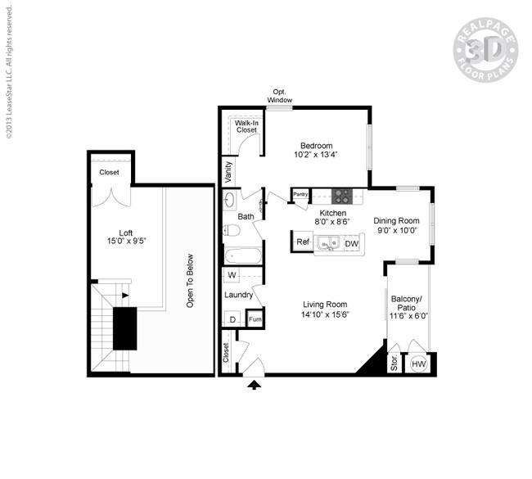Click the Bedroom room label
click(315, 145)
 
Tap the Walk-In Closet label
click(246, 126)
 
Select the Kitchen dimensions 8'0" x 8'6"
click(333, 221)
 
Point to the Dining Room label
click(396, 220)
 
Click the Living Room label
click(326, 304)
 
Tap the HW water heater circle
click(419, 364)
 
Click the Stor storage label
click(394, 364)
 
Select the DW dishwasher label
click(351, 243)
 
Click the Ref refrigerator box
click(302, 242)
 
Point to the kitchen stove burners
click(341, 196)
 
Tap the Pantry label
click(300, 195)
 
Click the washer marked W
click(232, 275)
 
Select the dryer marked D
click(232, 319)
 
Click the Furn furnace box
click(255, 319)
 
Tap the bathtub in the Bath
click(241, 255)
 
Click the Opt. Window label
click(279, 96)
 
